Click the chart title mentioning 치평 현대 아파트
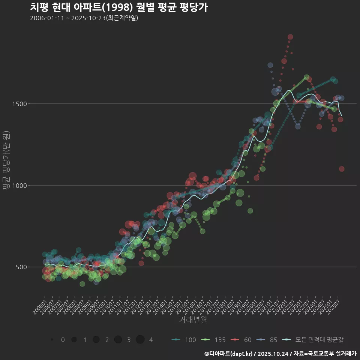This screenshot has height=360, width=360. (x=118, y=7)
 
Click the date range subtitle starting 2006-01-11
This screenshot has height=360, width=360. (x=84, y=18)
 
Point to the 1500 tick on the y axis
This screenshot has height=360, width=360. (x=31, y=103)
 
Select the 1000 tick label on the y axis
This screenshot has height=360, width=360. (x=31, y=185)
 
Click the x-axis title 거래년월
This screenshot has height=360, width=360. (x=193, y=319)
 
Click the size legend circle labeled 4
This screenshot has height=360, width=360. (x=140, y=340)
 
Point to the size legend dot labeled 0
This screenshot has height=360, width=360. (x=52, y=340)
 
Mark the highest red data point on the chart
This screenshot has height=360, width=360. (x=290, y=37)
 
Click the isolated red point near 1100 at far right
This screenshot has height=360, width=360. (x=342, y=169)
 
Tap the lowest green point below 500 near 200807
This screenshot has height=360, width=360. (x=82, y=284)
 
